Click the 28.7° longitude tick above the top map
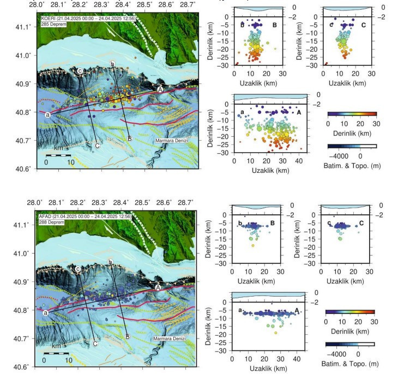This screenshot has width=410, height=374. (188, 4)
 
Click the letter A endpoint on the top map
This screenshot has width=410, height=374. (160, 88)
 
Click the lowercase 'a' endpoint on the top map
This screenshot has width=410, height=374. (47, 114)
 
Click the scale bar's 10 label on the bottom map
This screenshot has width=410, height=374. (69, 360)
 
